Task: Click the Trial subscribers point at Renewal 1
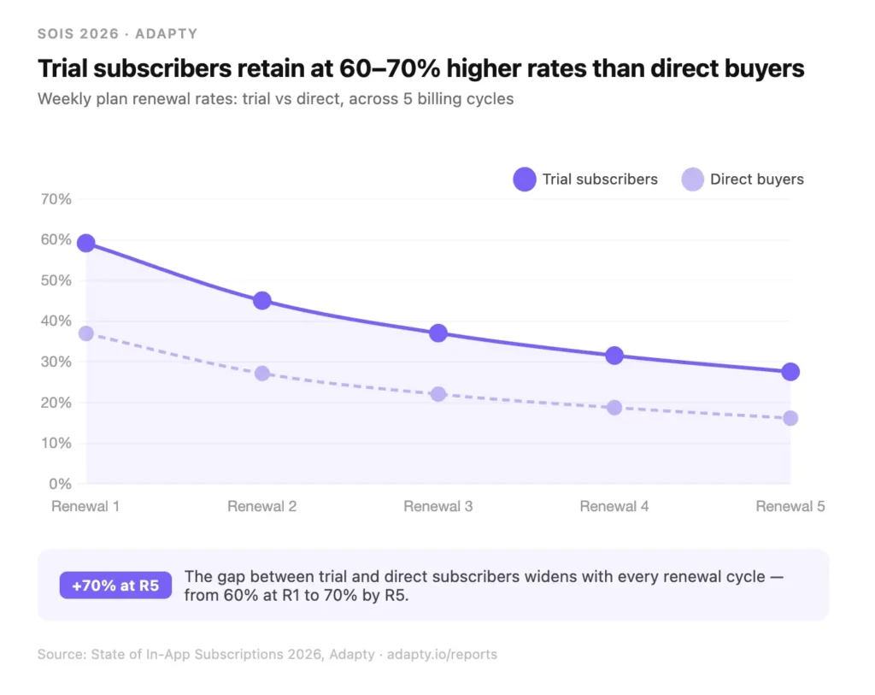pyautogui.click(x=85, y=243)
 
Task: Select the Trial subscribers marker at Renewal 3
pyautogui.click(x=438, y=333)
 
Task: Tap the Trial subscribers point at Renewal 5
pyautogui.click(x=790, y=371)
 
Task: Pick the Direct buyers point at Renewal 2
pyautogui.click(x=262, y=374)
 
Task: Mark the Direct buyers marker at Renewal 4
pyautogui.click(x=614, y=408)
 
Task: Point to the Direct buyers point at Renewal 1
pyautogui.click(x=85, y=333)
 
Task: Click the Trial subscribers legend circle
pyautogui.click(x=524, y=180)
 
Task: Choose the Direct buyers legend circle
pyautogui.click(x=693, y=180)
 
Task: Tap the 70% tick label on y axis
pyautogui.click(x=56, y=199)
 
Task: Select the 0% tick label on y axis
pyautogui.click(x=60, y=484)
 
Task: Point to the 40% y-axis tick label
pyautogui.click(x=56, y=321)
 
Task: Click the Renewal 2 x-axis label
pyautogui.click(x=262, y=506)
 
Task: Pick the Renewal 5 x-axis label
pyautogui.click(x=790, y=506)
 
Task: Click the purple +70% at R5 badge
pyautogui.click(x=115, y=586)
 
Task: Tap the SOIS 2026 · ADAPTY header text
pyautogui.click(x=117, y=34)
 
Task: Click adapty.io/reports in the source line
pyautogui.click(x=442, y=654)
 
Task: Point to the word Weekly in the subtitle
pyautogui.click(x=65, y=98)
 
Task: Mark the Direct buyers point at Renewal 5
pyautogui.click(x=790, y=418)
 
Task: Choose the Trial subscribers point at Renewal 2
pyautogui.click(x=262, y=300)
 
